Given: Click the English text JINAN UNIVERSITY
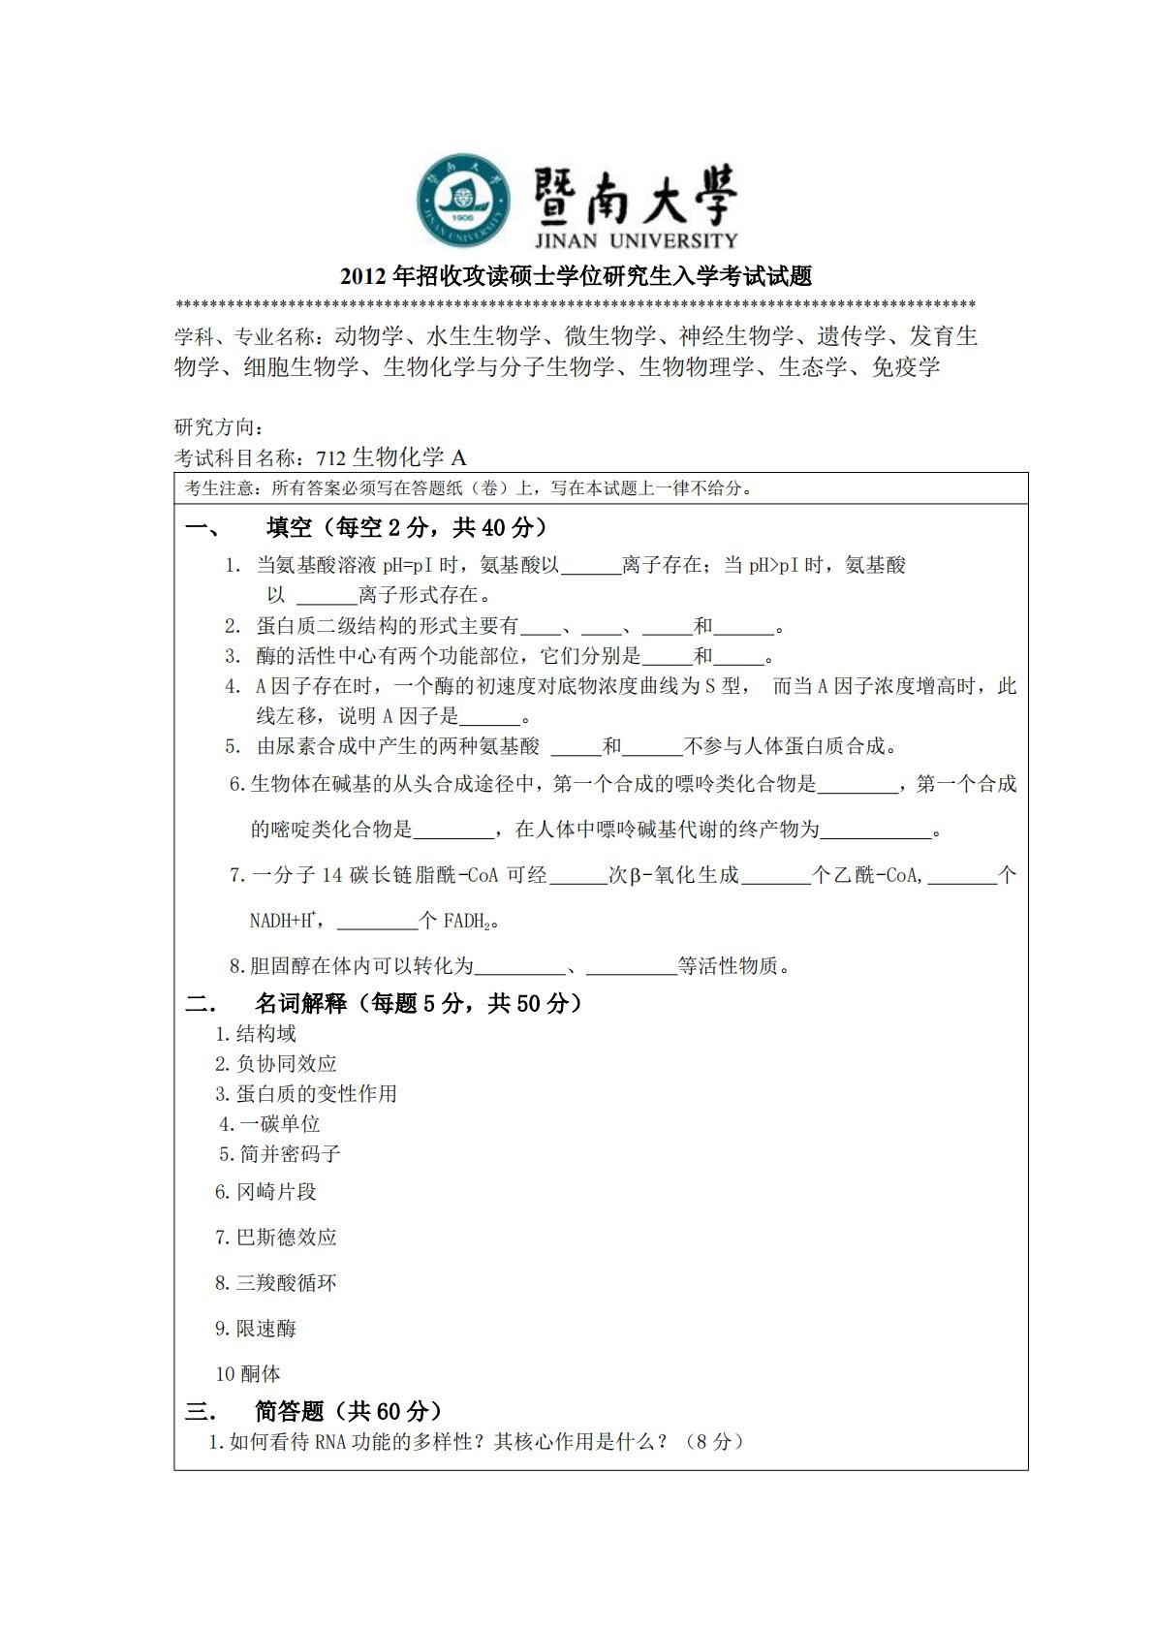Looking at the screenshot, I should (636, 240).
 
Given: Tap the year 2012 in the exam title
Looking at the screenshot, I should (363, 277).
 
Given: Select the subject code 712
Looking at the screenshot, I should (330, 458).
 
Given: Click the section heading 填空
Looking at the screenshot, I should (289, 527).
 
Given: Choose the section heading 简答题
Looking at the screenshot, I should (289, 1411).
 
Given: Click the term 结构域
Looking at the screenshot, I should (266, 1034).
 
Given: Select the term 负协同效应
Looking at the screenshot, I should (287, 1064).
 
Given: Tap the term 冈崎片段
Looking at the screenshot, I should (277, 1192).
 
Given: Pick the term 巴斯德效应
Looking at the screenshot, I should (287, 1238).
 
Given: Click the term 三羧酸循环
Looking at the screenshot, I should (287, 1283).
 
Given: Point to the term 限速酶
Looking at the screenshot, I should (266, 1329).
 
